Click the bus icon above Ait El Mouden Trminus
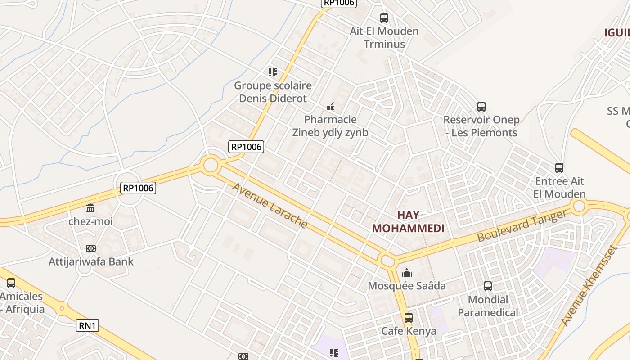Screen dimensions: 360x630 pyautogui.click(x=384, y=18)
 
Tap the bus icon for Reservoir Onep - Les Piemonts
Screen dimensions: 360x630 pyautogui.click(x=481, y=107)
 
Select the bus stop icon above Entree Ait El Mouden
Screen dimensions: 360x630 pyautogui.click(x=559, y=168)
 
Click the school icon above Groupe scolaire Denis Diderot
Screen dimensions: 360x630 pyautogui.click(x=272, y=72)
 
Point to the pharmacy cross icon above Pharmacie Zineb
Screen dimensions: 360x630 pyautogui.click(x=330, y=107)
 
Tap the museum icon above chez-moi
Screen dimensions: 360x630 pyautogui.click(x=90, y=208)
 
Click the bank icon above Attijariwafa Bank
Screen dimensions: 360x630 pyautogui.click(x=91, y=248)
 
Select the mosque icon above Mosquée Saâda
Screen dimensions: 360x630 pyautogui.click(x=407, y=273)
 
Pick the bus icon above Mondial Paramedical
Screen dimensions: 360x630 pyautogui.click(x=488, y=286)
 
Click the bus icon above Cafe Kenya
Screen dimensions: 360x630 pyautogui.click(x=409, y=318)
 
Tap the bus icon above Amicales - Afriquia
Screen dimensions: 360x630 pyautogui.click(x=11, y=283)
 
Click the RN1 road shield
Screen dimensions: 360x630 pyautogui.click(x=87, y=325)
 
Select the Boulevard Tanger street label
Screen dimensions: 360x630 pyautogui.click(x=522, y=226)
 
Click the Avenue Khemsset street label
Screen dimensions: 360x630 pyautogui.click(x=588, y=286)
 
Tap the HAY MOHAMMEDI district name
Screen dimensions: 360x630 pyautogui.click(x=408, y=221)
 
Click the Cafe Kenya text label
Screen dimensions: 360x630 pyautogui.click(x=409, y=331)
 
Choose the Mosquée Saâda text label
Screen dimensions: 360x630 pyautogui.click(x=407, y=286)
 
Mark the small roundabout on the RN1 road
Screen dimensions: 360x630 pyautogui.click(x=62, y=309)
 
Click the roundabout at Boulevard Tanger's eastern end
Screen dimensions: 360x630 pyautogui.click(x=579, y=207)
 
